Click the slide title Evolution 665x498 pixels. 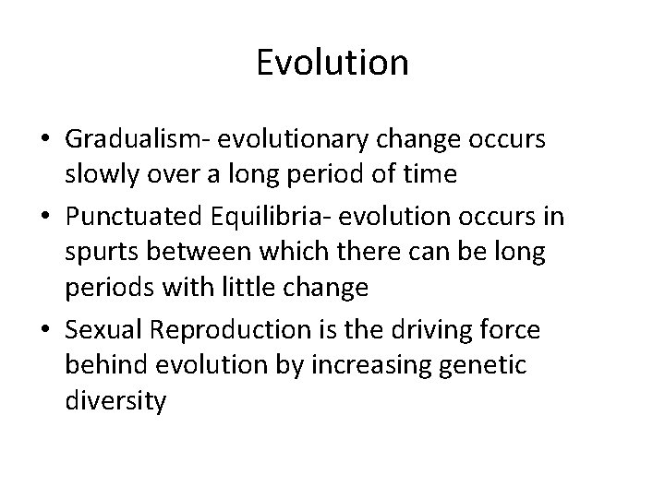(332, 63)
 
